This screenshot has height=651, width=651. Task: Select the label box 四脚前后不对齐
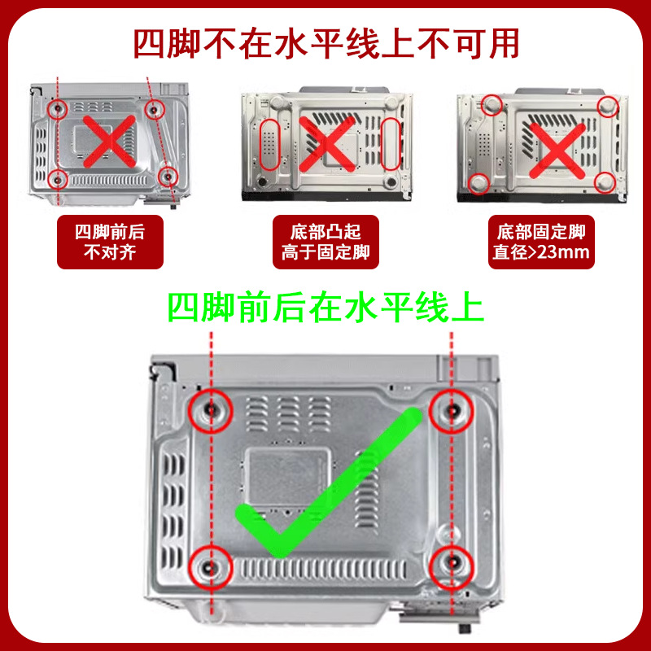coord(110,241)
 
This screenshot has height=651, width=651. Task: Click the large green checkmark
coord(325,488)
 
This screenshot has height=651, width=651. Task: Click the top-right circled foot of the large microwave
coord(452,411)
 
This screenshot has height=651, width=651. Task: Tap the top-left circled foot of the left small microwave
coord(58,108)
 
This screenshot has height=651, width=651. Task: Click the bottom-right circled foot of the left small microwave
coord(168,176)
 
